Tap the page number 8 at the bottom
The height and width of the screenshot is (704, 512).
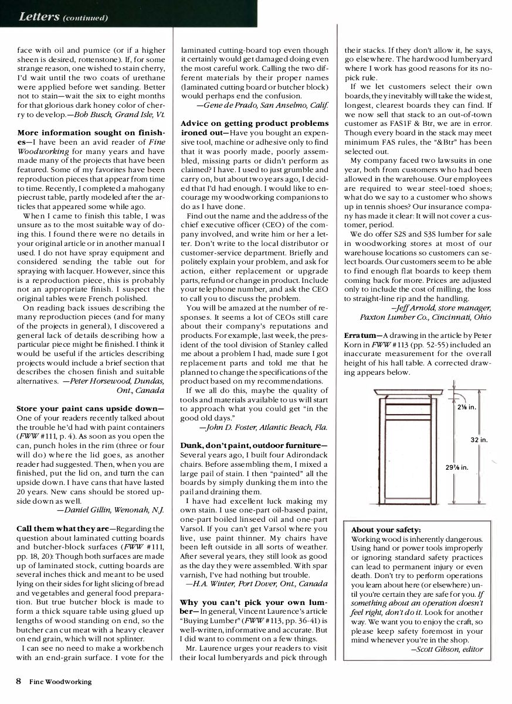19,681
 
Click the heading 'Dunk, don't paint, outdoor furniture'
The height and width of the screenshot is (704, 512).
254,446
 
